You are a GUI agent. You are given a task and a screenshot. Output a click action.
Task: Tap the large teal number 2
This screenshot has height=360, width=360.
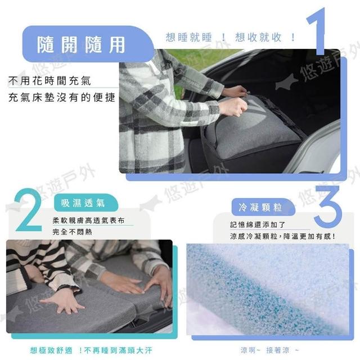click(x=29, y=210)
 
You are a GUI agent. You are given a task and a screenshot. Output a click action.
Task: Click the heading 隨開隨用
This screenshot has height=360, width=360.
click(x=81, y=44)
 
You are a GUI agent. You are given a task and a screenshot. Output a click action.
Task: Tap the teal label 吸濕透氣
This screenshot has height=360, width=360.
click(x=83, y=203)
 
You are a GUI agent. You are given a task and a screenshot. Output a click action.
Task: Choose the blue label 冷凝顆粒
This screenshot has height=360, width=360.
click(x=260, y=208)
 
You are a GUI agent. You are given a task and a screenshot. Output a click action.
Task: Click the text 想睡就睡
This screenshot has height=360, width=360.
click(x=188, y=38)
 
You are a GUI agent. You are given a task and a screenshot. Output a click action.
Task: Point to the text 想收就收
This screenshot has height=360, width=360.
click(x=258, y=37)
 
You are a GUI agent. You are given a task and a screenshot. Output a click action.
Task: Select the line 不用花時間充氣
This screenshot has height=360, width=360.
click(x=49, y=80)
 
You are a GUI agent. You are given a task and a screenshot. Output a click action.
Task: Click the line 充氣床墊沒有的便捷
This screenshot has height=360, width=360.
click(x=61, y=97)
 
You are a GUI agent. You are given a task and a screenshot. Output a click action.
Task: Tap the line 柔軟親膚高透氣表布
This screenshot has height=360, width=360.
click(x=88, y=220)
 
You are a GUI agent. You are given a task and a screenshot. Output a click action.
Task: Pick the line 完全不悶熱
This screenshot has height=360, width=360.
click(x=72, y=232)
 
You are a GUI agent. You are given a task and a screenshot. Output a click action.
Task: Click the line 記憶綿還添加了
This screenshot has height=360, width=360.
click(x=258, y=225)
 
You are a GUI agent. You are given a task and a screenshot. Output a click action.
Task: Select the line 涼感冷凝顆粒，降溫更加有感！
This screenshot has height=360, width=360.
click(x=283, y=236)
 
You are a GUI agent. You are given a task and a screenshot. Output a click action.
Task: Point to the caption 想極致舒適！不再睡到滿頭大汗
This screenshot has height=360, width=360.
click(x=91, y=350)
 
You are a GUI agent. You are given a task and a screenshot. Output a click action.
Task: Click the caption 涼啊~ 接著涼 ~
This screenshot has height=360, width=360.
click(x=270, y=350)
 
